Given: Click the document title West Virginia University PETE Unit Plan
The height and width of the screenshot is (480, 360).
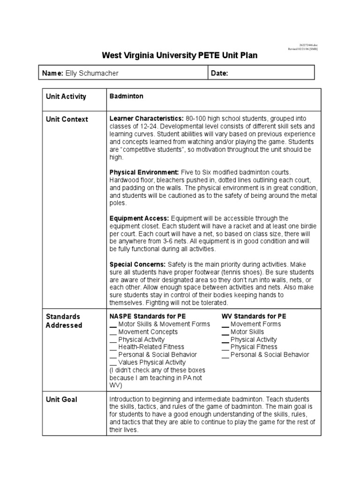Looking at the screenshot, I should (180, 55).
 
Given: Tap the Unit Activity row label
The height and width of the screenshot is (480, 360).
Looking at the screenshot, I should (66, 97).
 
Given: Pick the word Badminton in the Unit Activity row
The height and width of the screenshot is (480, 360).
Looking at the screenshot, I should (126, 96).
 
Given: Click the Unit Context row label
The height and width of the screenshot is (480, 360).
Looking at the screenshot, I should (67, 119).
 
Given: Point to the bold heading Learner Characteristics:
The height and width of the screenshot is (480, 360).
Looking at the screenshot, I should (146, 119).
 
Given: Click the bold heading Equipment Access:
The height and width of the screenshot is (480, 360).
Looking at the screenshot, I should (139, 218).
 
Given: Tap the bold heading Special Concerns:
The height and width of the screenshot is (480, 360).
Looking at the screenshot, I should (137, 264).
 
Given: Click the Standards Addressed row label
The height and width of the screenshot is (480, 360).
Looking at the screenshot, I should (64, 321).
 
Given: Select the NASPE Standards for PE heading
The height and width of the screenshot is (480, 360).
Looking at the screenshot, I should (148, 316).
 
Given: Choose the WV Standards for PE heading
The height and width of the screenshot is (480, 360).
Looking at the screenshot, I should (254, 316).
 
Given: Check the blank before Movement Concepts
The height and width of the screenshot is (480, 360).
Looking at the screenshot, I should (112, 332).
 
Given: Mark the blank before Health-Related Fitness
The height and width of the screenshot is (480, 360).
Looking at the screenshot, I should (112, 348).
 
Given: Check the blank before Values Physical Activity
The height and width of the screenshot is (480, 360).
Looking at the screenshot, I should (112, 363).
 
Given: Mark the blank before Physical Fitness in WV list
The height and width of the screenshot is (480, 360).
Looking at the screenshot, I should (225, 348).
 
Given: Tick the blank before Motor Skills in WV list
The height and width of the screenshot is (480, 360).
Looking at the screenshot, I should (225, 332).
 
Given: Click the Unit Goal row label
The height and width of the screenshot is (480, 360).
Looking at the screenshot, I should (61, 400).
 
